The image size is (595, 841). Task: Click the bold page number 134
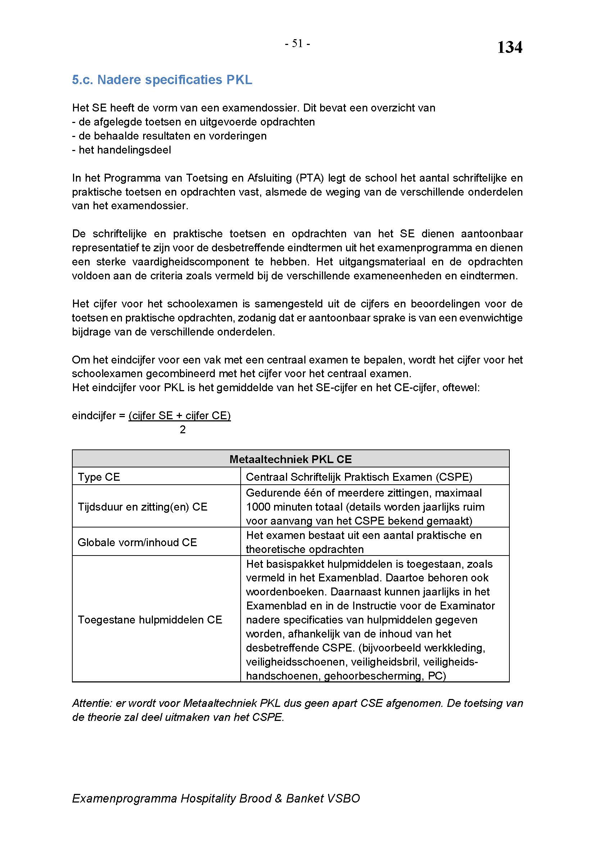point(509,47)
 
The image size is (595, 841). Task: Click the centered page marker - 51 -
point(297,44)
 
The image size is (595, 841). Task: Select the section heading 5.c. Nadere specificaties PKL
point(162,80)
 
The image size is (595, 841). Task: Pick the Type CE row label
point(99,477)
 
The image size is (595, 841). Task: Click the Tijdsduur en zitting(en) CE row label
point(142,507)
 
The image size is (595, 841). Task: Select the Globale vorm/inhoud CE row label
point(137,542)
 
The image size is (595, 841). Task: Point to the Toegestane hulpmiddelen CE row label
point(150,620)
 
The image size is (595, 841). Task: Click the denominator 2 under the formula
point(182,430)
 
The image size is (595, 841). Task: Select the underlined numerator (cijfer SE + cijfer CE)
point(180,416)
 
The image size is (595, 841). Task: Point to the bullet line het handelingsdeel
point(124,150)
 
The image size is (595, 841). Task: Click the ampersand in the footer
point(278,799)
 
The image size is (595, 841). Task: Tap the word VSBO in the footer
point(344,799)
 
